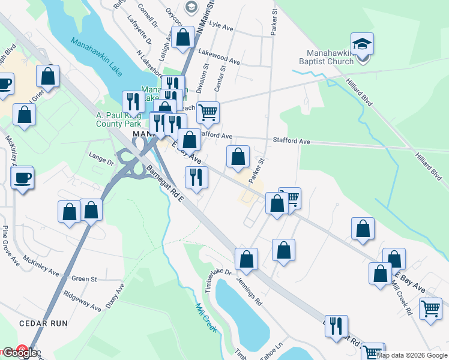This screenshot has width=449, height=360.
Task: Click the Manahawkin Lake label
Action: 96,58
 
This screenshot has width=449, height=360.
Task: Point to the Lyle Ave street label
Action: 221,27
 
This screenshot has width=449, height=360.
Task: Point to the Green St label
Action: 84,279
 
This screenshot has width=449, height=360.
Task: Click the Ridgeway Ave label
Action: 82,301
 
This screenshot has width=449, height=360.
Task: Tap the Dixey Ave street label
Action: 115,296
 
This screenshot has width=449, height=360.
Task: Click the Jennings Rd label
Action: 249,291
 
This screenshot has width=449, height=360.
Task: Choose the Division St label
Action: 205,76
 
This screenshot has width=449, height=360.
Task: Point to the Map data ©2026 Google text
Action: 412,355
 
